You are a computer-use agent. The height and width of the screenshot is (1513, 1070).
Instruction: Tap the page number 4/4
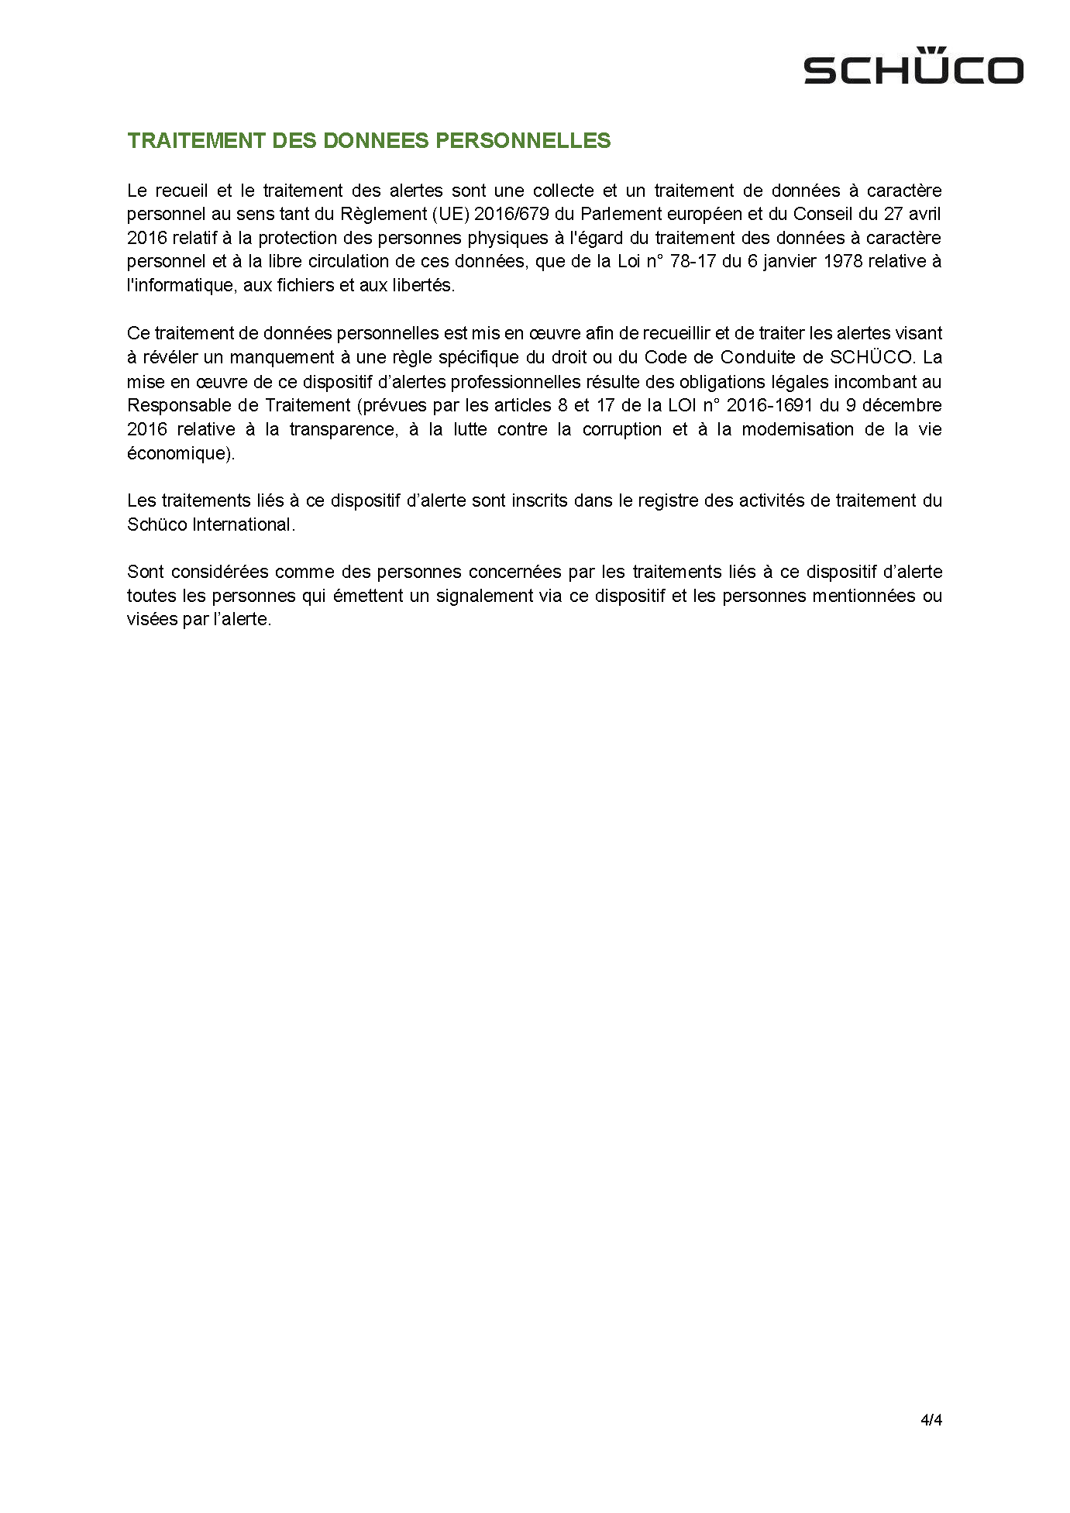point(931,1420)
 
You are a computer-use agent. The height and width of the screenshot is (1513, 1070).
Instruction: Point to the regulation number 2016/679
point(511,214)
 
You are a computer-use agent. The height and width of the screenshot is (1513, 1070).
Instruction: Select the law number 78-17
point(693,261)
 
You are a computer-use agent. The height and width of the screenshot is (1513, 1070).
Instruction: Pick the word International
point(243,524)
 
